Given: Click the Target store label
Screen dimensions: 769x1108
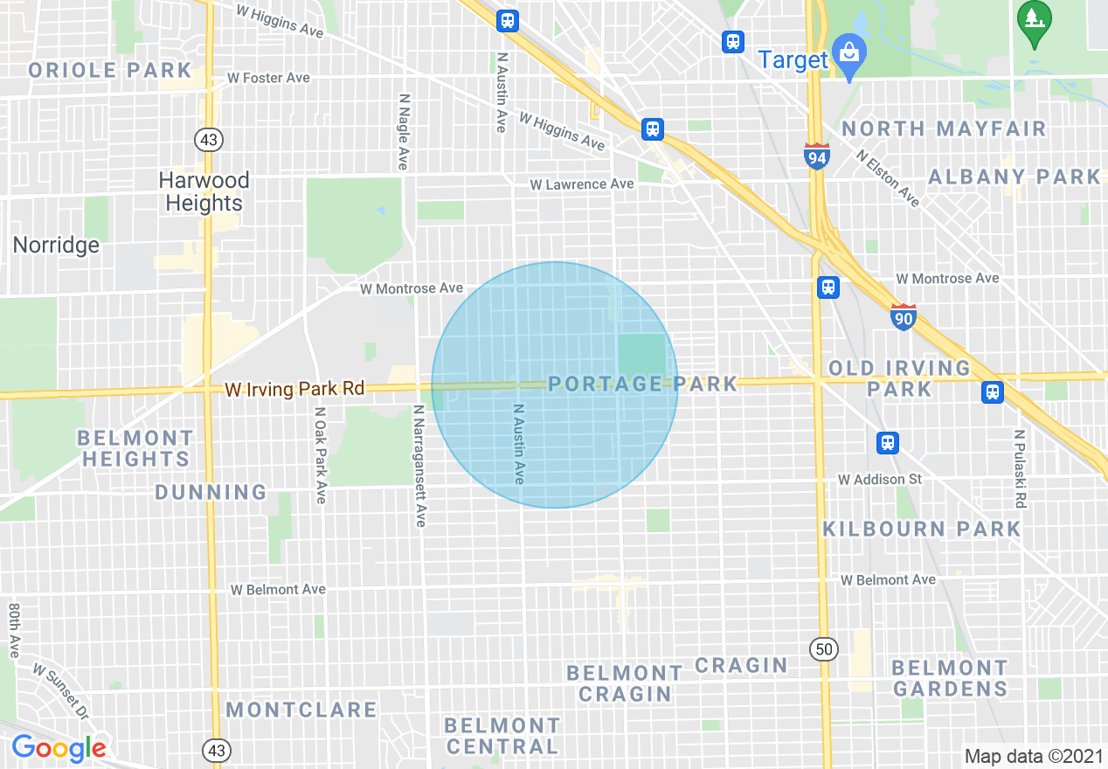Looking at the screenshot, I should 793,60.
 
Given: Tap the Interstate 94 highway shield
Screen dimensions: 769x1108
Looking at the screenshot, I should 816,156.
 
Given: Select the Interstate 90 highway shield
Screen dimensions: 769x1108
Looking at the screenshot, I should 904,316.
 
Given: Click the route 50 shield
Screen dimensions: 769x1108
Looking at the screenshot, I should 823,648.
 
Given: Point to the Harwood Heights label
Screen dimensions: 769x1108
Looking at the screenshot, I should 204,191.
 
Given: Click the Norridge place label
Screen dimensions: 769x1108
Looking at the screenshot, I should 56,246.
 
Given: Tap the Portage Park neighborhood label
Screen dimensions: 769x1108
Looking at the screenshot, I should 642,384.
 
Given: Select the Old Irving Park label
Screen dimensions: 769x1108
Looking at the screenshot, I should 899,378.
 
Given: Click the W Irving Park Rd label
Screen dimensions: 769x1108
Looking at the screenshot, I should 294,389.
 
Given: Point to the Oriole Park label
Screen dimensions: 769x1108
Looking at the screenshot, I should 110,70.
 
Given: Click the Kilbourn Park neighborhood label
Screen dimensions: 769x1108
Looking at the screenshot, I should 922,529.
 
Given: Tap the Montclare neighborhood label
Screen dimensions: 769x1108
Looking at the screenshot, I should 301,710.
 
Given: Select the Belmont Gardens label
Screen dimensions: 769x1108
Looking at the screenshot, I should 950,678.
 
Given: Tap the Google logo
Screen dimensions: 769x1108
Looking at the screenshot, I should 59,748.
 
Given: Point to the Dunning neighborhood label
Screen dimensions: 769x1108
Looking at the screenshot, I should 211,493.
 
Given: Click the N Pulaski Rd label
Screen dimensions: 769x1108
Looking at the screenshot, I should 1019,468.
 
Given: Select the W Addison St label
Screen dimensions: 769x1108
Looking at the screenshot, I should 880,480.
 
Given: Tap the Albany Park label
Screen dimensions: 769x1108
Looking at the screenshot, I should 1014,177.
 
